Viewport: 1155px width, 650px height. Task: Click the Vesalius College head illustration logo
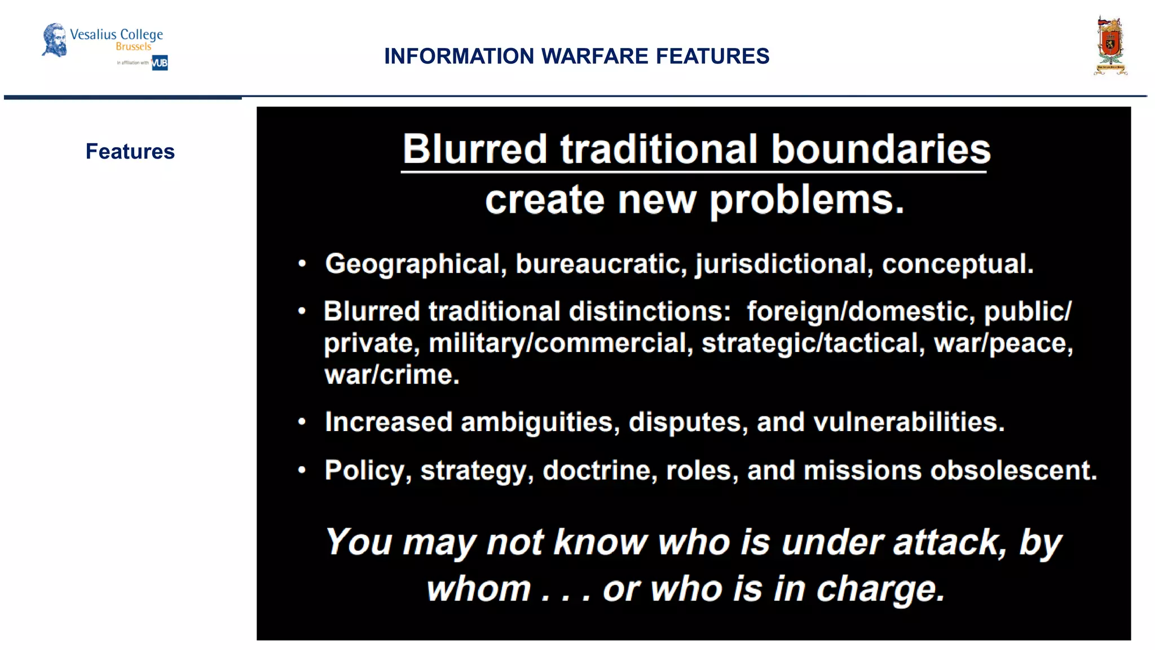point(55,39)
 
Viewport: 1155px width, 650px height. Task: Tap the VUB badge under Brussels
point(160,63)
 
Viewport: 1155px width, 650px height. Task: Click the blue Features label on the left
point(130,151)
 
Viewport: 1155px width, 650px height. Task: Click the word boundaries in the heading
point(880,149)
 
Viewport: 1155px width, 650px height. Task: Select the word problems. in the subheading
point(806,200)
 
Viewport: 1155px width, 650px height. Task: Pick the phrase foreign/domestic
point(861,311)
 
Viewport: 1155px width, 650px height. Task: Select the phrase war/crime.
point(392,375)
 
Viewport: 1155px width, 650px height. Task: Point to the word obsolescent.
point(1013,470)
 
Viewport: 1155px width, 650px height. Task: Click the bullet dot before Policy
point(302,469)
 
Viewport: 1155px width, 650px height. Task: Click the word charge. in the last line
point(880,589)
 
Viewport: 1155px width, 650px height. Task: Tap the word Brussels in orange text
point(134,47)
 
